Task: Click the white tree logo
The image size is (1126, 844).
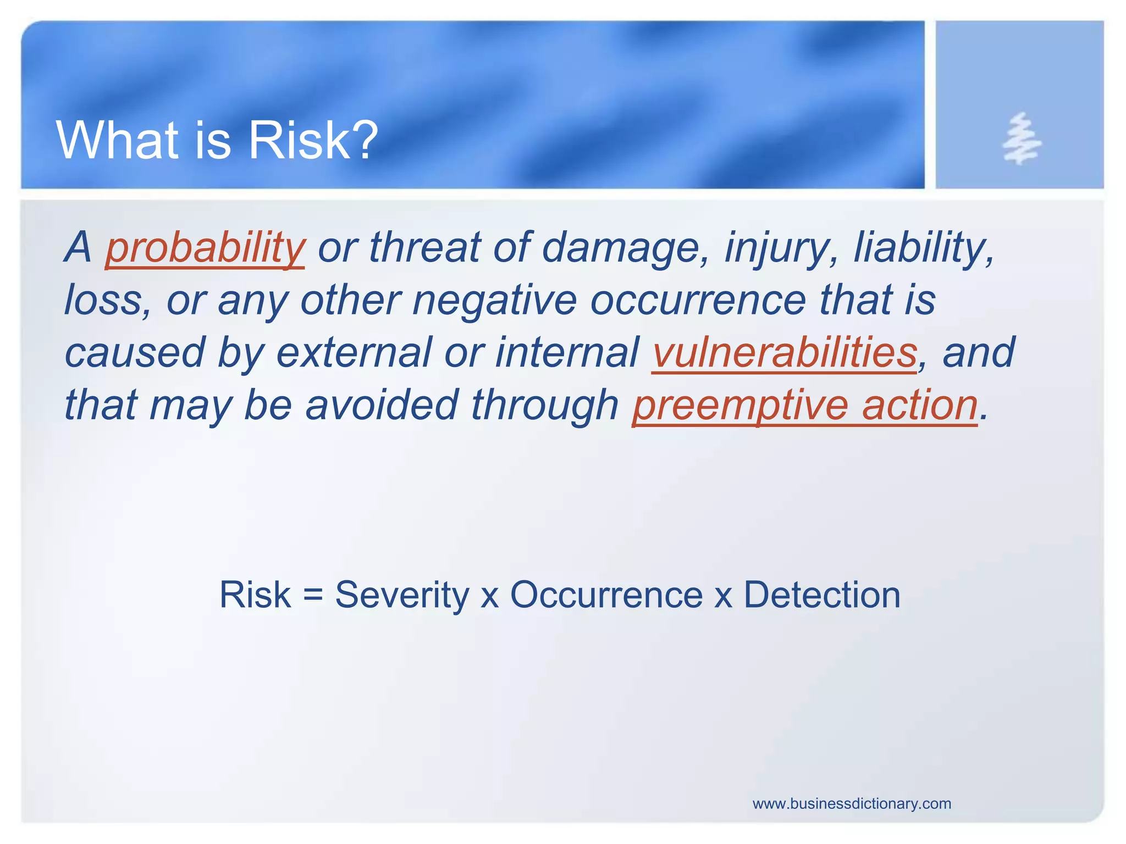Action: pyautogui.click(x=1020, y=139)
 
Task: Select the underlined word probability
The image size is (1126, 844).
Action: pyautogui.click(x=205, y=248)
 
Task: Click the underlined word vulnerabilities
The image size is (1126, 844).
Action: pyautogui.click(x=784, y=353)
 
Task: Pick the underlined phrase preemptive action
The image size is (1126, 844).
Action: pyautogui.click(x=805, y=406)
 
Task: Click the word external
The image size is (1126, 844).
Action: pyautogui.click(x=354, y=353)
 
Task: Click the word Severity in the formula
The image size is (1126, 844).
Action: pyautogui.click(x=401, y=595)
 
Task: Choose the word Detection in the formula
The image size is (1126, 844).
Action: pyautogui.click(x=822, y=595)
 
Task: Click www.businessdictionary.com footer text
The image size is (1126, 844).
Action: pyautogui.click(x=852, y=804)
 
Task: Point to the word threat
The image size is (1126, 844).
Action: pyautogui.click(x=424, y=248)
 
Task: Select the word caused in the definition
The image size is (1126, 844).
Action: pyautogui.click(x=135, y=353)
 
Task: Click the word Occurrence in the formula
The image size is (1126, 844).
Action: pyautogui.click(x=606, y=595)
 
